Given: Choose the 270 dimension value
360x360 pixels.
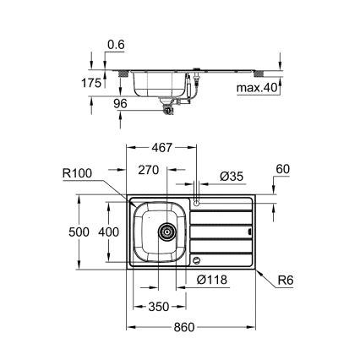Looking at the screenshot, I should click(x=149, y=169).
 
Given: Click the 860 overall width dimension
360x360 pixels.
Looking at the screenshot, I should click(x=192, y=328).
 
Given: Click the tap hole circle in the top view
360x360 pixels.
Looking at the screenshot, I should click(x=196, y=203).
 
